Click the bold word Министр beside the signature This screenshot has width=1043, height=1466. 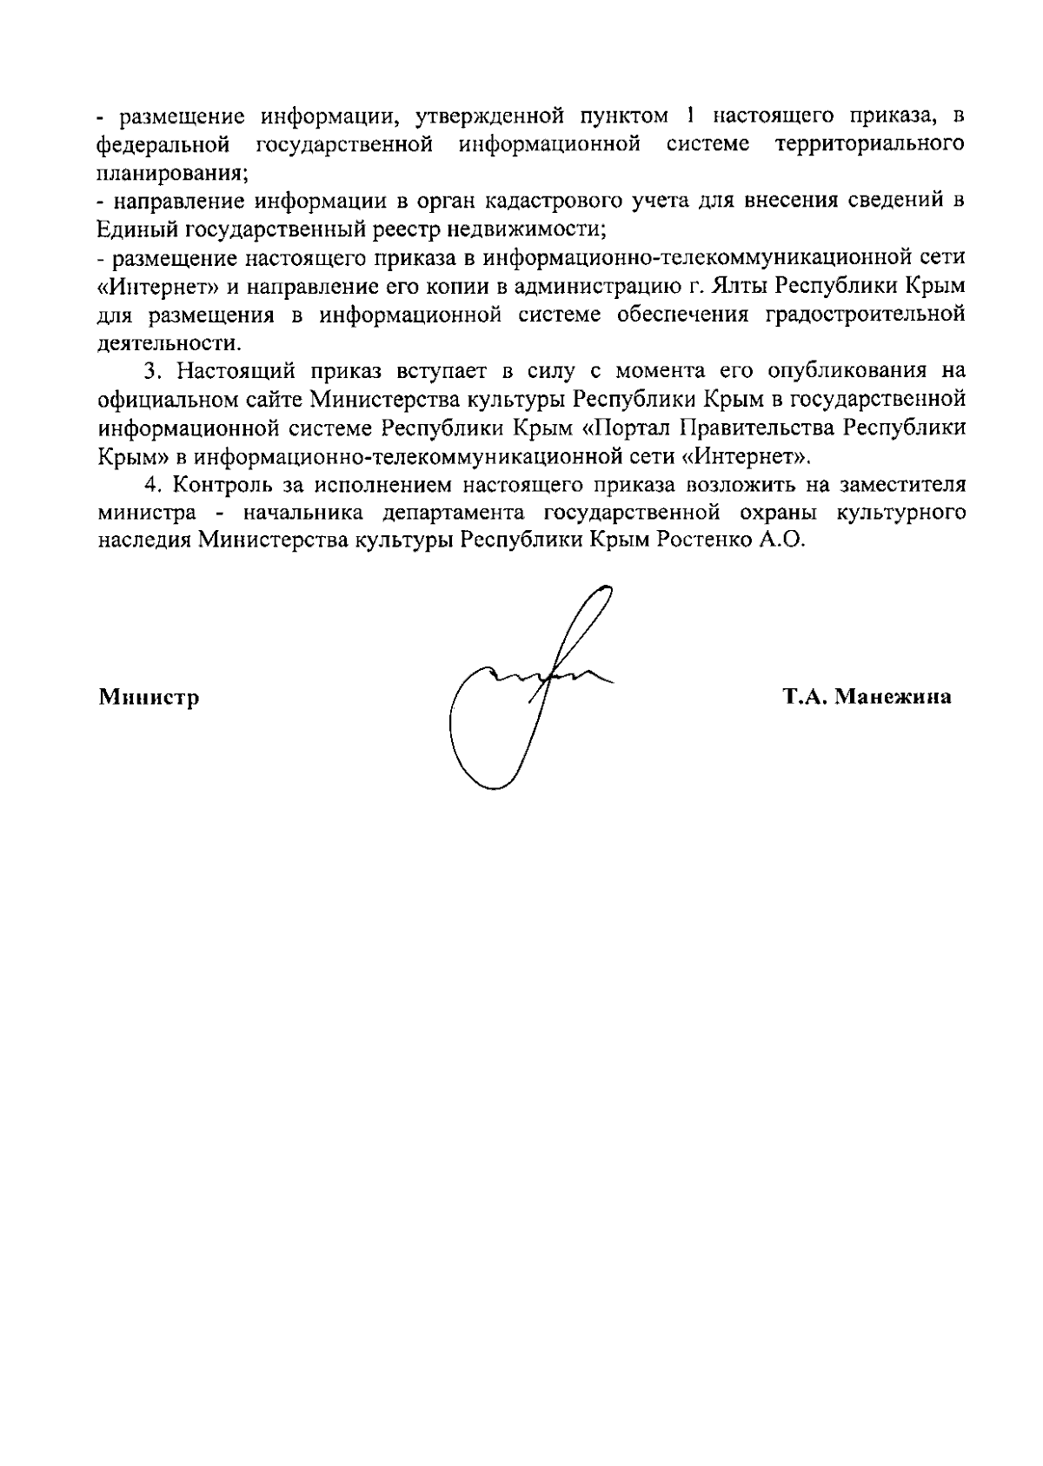pyautogui.click(x=149, y=697)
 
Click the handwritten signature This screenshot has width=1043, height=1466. pyautogui.click(x=521, y=687)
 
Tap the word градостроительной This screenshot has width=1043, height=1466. pyautogui.click(x=864, y=314)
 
